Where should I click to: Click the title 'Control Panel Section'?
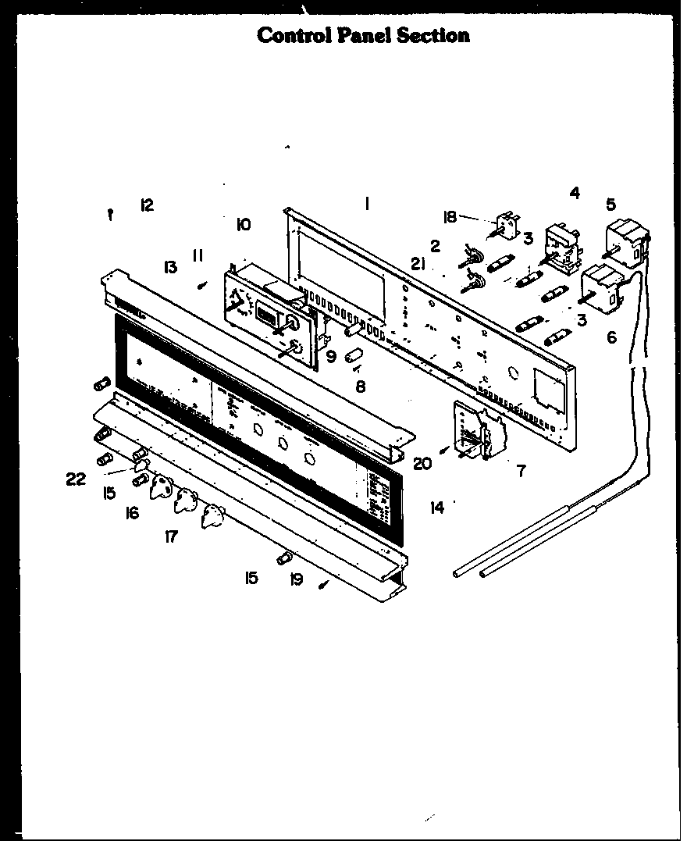[363, 35]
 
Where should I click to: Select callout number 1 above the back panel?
[365, 205]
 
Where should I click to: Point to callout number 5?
[610, 205]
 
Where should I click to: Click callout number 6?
[611, 337]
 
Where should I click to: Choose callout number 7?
[521, 470]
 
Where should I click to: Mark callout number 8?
[361, 385]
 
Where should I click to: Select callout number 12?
[146, 205]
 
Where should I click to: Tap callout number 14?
[436, 508]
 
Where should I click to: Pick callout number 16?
[132, 513]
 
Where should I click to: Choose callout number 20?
[422, 464]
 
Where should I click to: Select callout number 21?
[418, 265]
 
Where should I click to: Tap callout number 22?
[76, 479]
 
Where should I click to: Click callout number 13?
[169, 267]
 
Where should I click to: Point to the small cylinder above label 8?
[357, 358]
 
